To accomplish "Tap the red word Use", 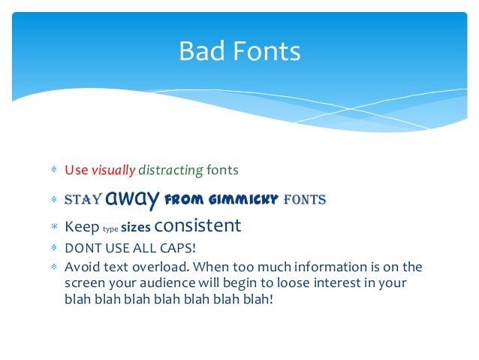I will [x=76, y=170].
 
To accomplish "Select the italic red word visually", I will [x=113, y=171].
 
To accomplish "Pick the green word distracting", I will [x=170, y=171].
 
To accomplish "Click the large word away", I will [x=132, y=199].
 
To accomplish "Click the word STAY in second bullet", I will [x=83, y=200].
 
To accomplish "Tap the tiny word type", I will [x=110, y=228].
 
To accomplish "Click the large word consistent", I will [x=197, y=225].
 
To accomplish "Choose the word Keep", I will [x=82, y=226].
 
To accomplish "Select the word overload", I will [x=162, y=267].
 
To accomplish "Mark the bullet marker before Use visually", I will [x=54, y=171].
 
